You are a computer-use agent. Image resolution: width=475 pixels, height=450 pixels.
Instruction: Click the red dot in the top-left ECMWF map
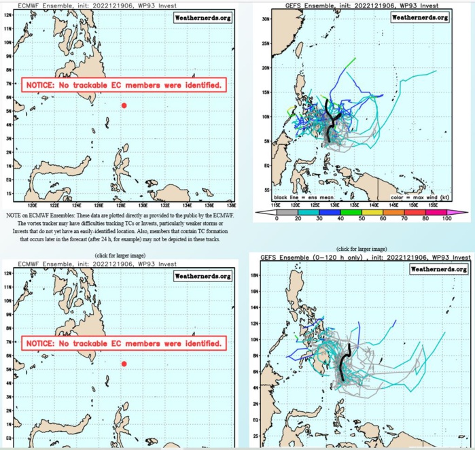[x=124, y=105]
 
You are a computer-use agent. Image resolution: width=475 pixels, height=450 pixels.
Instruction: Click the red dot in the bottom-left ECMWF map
[x=124, y=364]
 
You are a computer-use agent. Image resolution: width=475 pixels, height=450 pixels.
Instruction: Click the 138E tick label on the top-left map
[x=230, y=203]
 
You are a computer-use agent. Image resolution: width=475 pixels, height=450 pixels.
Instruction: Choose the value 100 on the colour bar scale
[x=447, y=218]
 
